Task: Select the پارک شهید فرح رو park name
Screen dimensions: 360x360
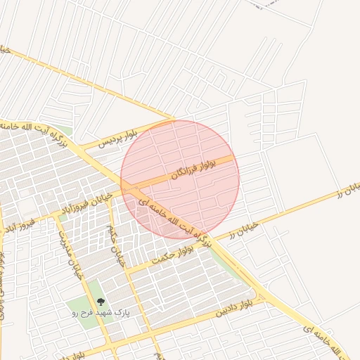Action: (x=98, y=313)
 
